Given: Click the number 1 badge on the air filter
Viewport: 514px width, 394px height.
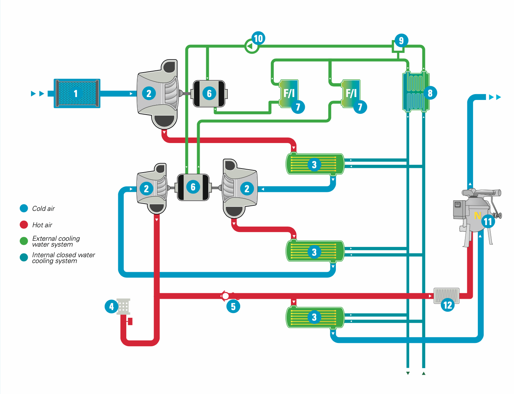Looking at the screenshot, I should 76,94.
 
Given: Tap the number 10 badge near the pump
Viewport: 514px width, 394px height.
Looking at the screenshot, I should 258,38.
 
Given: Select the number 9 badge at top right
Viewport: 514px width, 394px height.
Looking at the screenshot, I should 401,40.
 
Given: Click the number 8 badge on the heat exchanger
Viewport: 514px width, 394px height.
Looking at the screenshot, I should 430,93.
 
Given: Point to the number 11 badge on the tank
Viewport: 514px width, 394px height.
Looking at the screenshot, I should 488,221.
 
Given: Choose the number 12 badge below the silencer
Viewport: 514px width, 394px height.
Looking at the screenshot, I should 448,305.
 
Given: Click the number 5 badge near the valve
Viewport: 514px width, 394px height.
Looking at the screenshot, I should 233,306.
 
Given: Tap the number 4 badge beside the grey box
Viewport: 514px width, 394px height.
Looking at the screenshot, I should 111,306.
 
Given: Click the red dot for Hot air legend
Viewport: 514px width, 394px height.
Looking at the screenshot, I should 24,225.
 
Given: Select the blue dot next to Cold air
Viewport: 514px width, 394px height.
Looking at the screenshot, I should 24,208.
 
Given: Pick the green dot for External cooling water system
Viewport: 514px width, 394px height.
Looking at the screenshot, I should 24,241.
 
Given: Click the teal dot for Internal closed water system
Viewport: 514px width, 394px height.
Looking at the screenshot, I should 24,258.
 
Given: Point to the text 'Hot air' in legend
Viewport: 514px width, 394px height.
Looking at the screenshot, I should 42,225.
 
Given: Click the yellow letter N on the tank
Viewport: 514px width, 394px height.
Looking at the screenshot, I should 477,216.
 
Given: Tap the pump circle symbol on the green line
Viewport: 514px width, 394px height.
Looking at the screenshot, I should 251,46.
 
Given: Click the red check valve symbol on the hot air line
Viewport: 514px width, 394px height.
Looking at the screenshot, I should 226,296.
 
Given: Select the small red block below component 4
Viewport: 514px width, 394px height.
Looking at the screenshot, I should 130,321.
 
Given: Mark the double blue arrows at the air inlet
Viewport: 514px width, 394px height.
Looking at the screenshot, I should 38,94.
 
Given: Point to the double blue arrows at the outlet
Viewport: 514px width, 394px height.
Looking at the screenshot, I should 495,97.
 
